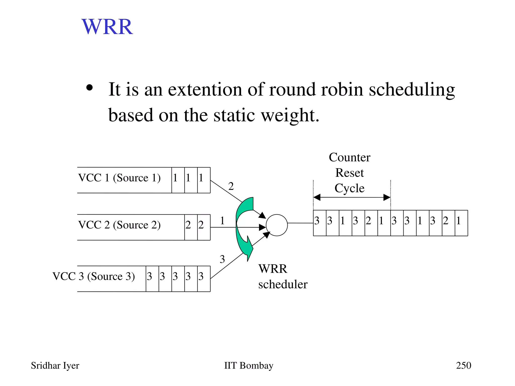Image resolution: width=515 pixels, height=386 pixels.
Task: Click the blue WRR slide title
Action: [107, 27]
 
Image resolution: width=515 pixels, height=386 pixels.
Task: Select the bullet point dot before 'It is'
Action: [90, 88]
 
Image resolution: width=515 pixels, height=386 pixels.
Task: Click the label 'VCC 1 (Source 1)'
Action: [119, 178]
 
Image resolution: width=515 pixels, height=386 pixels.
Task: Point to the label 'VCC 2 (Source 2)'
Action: [119, 225]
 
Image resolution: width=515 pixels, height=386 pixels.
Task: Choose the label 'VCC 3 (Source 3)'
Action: [94, 276]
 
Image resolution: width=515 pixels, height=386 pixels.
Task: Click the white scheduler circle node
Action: [277, 225]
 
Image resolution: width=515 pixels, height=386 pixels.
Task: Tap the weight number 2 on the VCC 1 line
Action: [231, 186]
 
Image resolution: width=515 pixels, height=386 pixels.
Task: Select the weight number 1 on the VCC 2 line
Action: [222, 221]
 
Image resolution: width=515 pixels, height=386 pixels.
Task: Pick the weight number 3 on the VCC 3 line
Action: [222, 259]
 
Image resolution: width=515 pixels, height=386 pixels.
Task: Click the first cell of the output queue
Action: [320, 223]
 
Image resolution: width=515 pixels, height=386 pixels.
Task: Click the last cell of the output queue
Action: [461, 223]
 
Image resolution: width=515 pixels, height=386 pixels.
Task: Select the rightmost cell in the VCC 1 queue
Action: [204, 180]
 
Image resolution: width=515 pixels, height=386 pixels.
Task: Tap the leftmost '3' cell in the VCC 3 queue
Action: [152, 279]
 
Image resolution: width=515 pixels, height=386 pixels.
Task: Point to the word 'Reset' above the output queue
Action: [350, 173]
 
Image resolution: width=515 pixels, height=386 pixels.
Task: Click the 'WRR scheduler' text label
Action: [283, 277]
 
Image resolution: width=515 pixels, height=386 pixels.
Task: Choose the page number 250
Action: [463, 365]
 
